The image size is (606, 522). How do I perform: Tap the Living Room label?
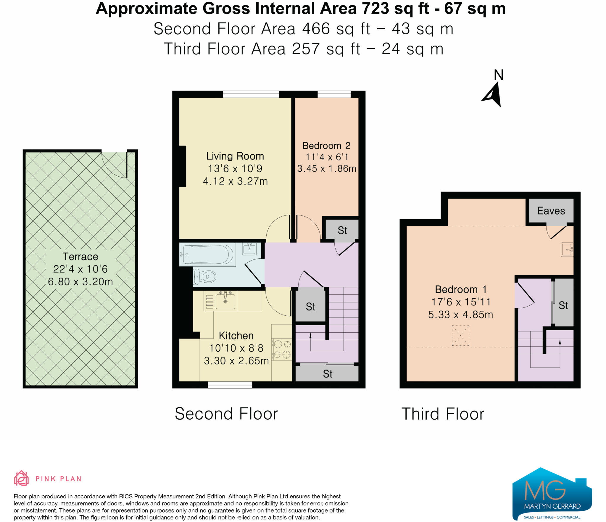pos(235,156)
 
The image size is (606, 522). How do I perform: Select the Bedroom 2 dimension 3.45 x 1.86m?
pos(326,169)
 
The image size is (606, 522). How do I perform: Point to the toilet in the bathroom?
pos(205,277)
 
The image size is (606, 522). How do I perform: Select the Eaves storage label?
pos(551,211)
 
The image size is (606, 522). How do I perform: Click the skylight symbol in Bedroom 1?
pos(460,335)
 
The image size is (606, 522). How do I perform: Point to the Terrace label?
pos(80,257)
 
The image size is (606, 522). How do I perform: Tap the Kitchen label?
pos(236,336)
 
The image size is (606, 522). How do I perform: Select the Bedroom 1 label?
pos(461,289)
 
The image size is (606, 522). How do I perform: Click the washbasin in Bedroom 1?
pos(567,249)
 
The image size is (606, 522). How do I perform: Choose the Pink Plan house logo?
pos(21,478)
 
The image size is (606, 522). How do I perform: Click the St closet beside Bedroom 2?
pos(342,230)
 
